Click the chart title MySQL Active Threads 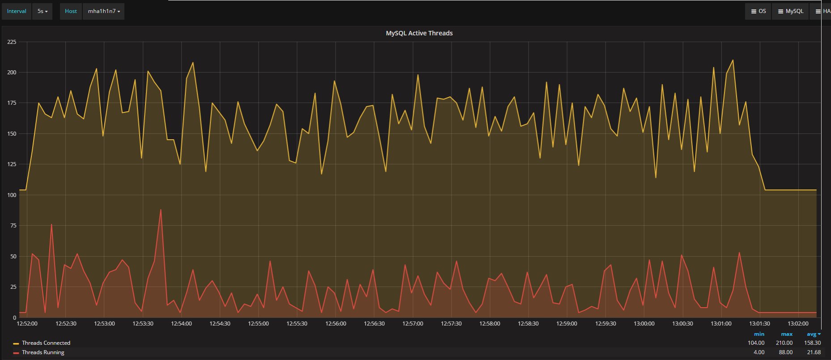pos(419,33)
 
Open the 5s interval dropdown pos(42,11)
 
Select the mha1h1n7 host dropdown pos(103,11)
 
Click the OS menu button pos(758,11)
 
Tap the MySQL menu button pos(790,11)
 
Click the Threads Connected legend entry pos(46,343)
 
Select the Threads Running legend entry pos(43,352)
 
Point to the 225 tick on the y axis pos(12,42)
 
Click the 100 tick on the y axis pos(12,195)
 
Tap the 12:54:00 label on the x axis pos(181,324)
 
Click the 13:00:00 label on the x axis pos(644,324)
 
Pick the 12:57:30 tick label pos(451,324)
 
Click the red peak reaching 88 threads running pos(161,210)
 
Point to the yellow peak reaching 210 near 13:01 pos(733,60)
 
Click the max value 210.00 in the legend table pos(784,343)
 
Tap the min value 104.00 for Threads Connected pos(756,343)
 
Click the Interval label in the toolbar pos(17,11)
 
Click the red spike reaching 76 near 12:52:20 pos(51,224)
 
